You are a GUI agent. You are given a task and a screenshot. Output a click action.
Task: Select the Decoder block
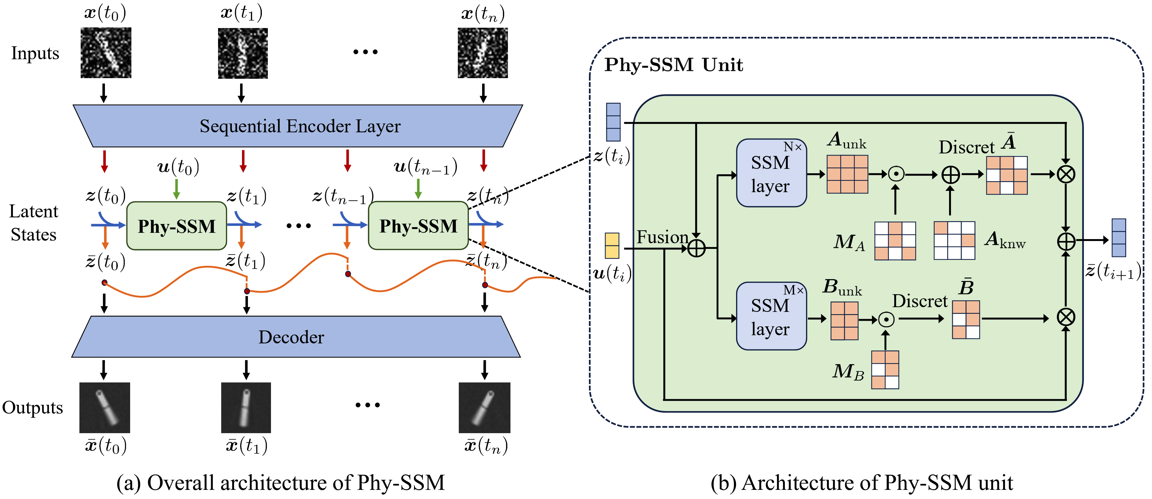295,337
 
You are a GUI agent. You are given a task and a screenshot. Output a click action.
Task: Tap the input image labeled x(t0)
106,53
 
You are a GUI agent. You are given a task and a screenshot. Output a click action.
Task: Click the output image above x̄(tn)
484,407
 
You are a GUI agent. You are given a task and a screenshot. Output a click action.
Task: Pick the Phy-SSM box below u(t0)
177,226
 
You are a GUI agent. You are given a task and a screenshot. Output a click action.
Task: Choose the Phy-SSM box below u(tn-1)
418,226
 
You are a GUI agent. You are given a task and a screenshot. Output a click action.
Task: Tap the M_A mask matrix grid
895,241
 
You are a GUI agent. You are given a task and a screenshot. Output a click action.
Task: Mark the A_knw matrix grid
954,241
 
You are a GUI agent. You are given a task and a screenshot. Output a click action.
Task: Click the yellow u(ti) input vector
612,245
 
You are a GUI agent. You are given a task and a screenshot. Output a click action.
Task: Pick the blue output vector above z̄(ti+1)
1119,238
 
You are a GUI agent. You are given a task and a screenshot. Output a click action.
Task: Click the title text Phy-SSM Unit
673,65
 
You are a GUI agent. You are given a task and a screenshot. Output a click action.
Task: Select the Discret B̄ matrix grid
966,319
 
